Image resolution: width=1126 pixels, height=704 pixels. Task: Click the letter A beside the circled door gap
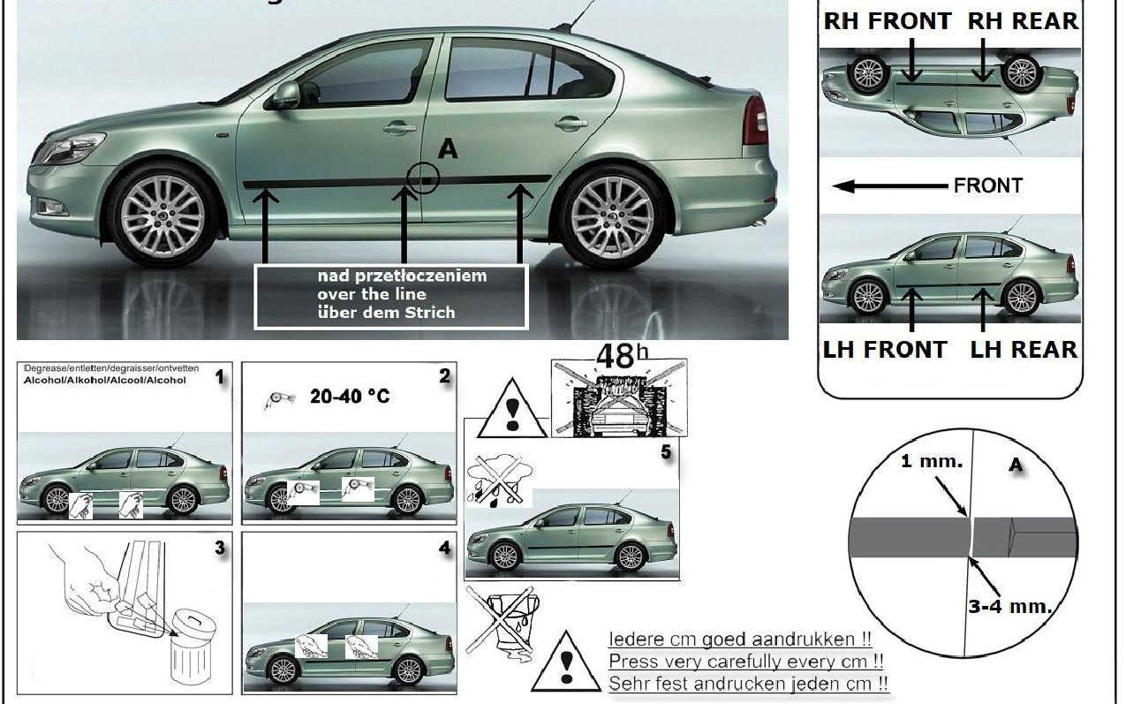[448, 150]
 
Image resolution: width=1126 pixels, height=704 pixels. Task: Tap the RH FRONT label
[888, 21]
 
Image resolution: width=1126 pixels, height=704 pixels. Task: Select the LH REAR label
[1024, 349]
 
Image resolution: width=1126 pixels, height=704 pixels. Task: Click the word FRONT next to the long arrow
[987, 185]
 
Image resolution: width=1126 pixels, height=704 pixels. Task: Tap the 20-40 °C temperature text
[350, 397]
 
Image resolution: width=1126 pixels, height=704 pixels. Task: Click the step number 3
[220, 548]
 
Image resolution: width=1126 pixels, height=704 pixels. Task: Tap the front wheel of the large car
[162, 215]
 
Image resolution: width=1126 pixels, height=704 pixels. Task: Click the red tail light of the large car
[755, 120]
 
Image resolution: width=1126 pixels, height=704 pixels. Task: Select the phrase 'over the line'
[371, 294]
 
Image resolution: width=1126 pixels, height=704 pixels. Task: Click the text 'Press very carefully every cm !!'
[747, 661]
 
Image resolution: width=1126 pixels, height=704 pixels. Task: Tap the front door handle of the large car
[399, 127]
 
